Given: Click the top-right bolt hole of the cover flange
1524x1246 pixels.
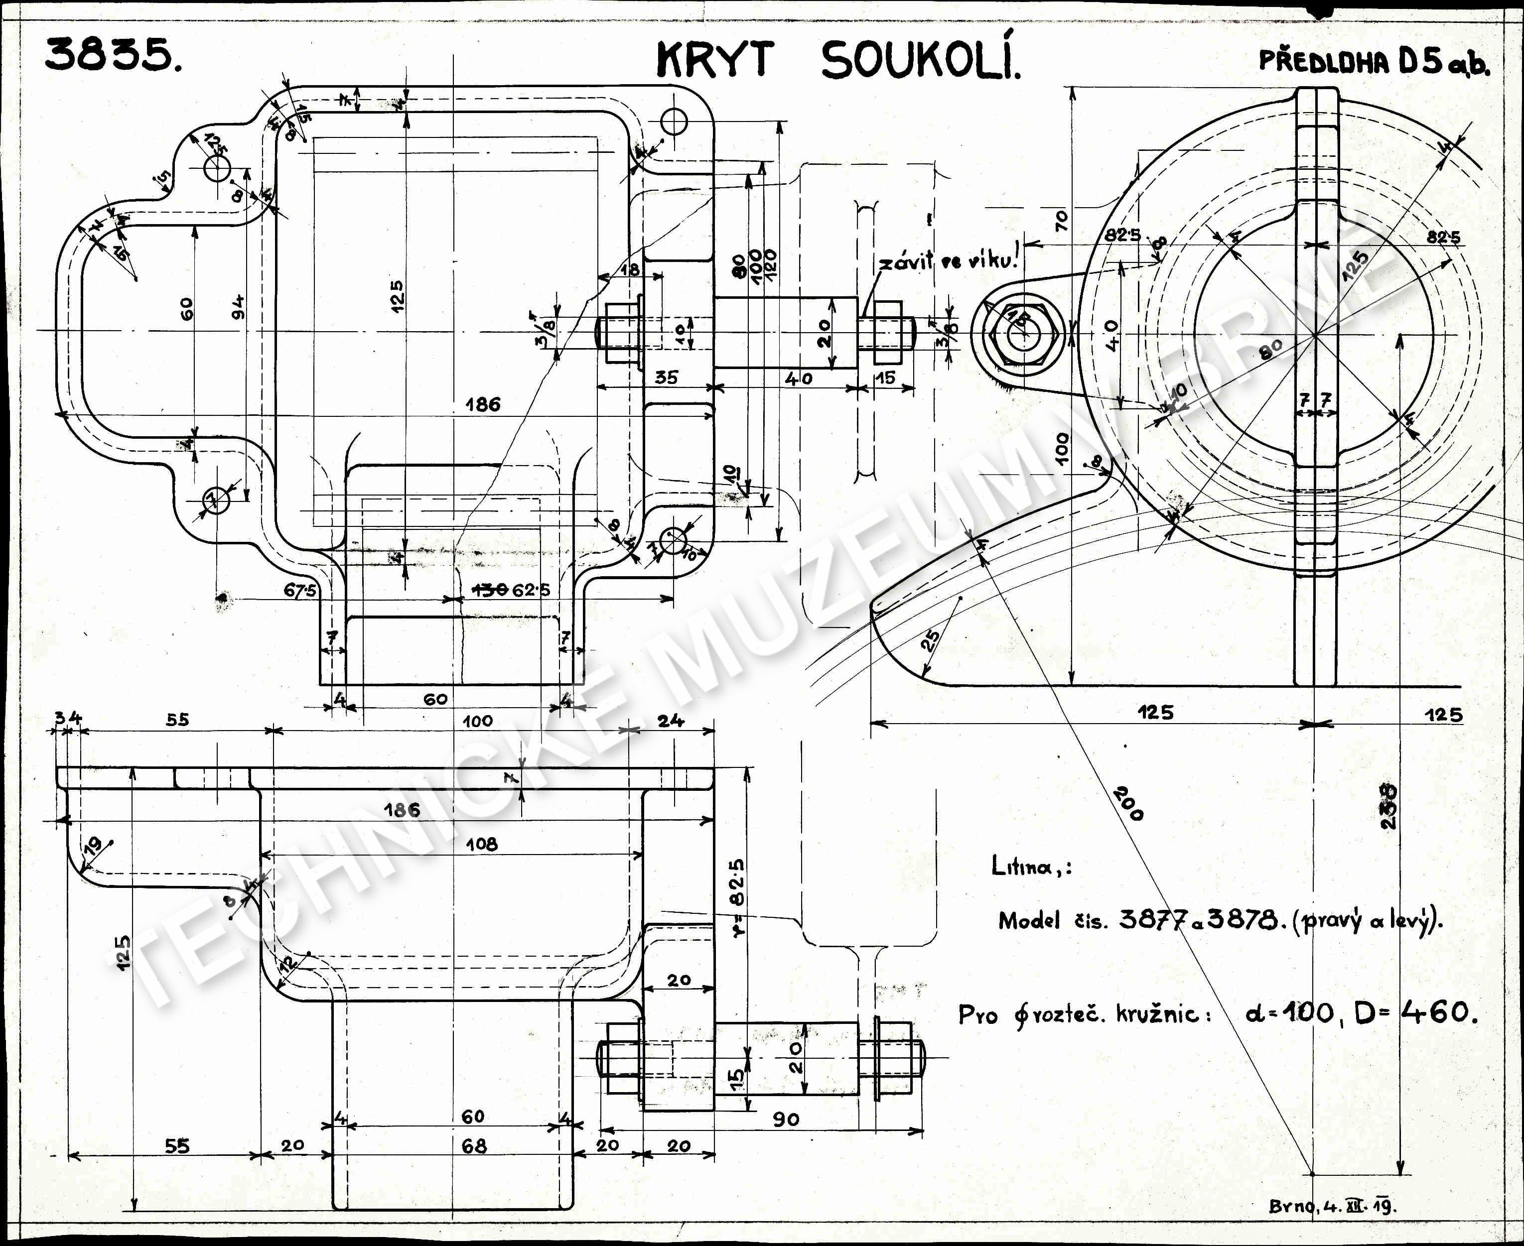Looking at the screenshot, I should click(674, 122).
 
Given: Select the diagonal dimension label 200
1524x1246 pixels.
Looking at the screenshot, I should click(1128, 803).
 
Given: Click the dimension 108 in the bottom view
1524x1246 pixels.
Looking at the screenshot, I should click(481, 844).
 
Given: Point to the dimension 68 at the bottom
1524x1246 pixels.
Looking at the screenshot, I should click(474, 1146).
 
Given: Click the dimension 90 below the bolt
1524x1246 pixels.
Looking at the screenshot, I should click(786, 1119).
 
